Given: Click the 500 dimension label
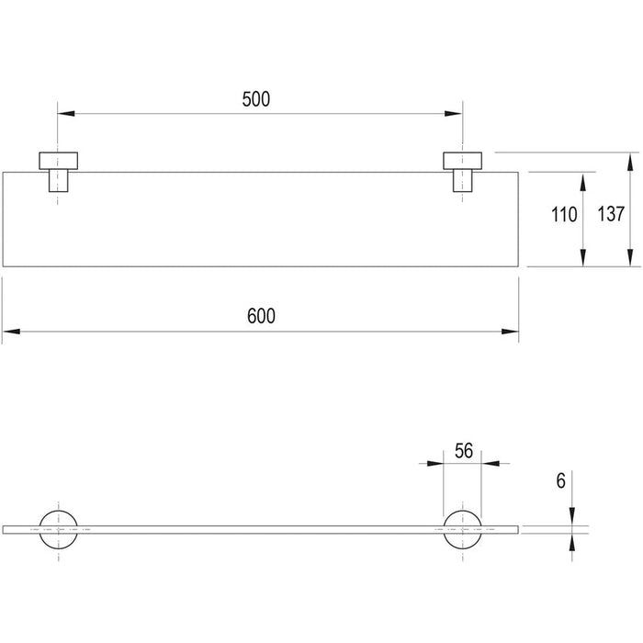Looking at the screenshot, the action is coord(256,99).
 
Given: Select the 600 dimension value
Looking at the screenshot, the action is coord(261,316).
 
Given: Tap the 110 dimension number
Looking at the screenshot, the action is coord(564,215).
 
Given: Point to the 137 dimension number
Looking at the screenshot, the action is coord(611,214).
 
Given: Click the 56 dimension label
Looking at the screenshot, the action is coord(464,451).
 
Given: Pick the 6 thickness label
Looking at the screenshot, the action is coord(560,480).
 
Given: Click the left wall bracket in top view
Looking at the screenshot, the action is coord(58,172).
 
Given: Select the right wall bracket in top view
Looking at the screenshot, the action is coord(463,172).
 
